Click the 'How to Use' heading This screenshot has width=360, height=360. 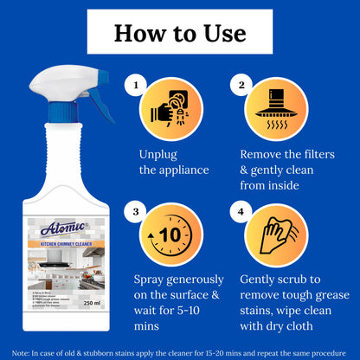(x=180, y=34)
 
